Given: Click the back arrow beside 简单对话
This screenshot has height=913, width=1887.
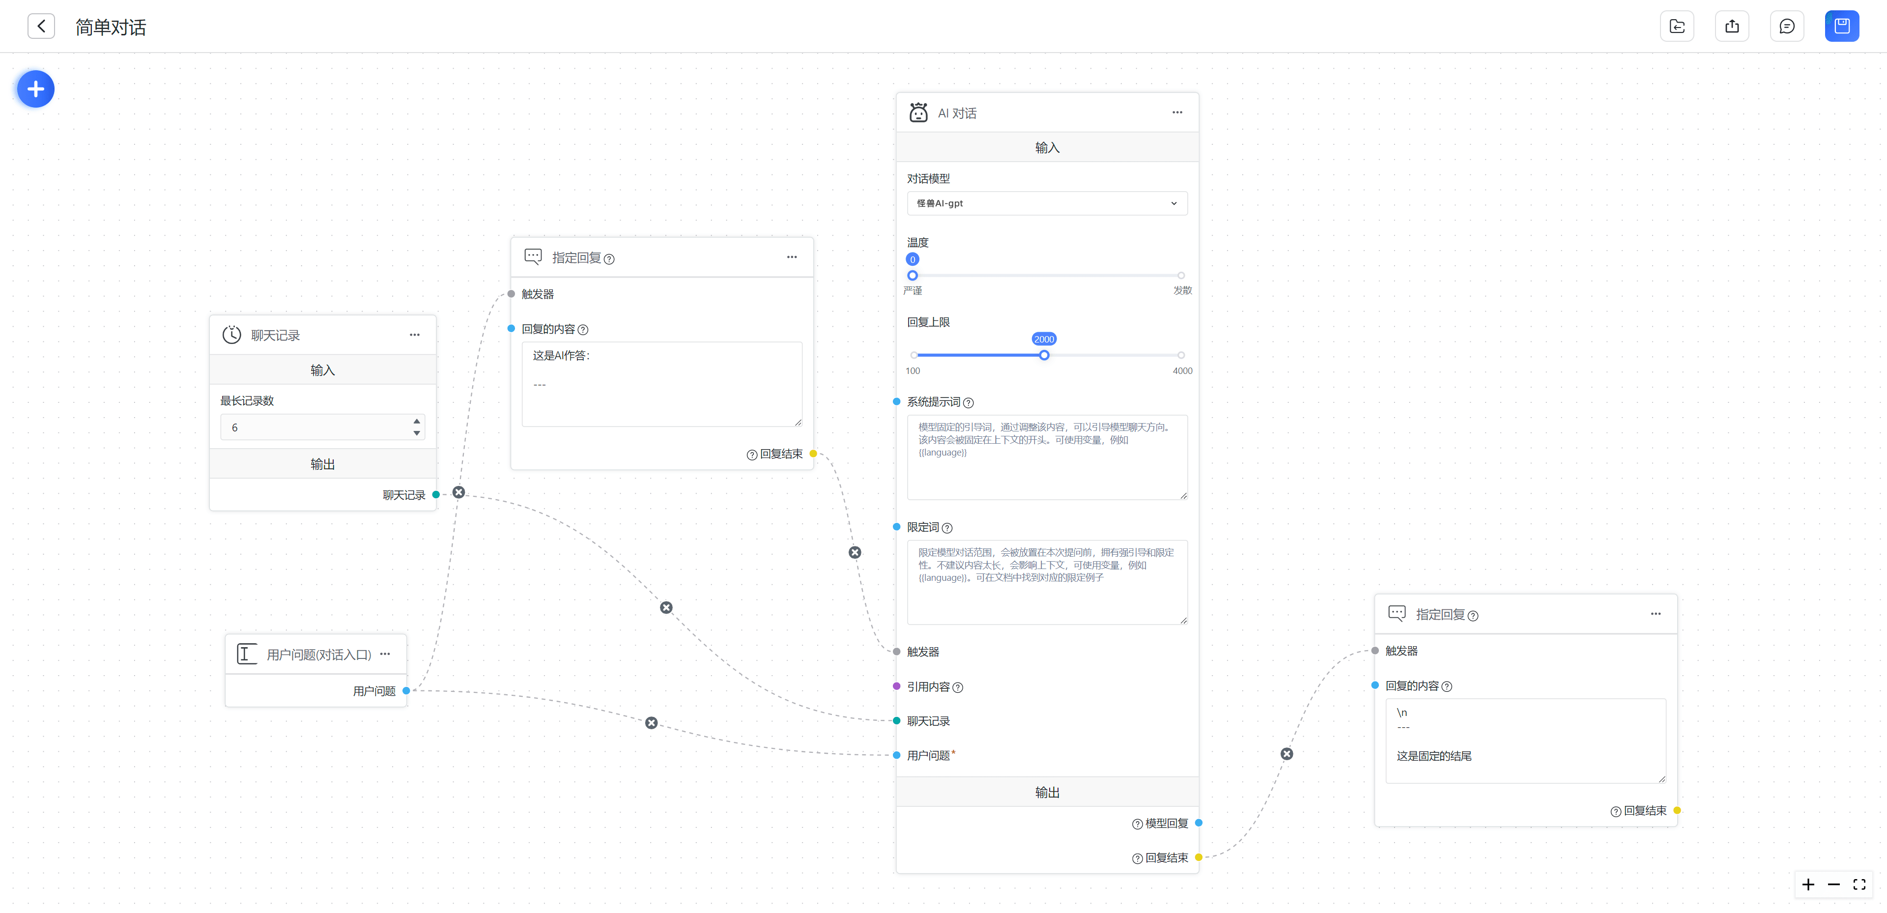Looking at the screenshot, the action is point(41,27).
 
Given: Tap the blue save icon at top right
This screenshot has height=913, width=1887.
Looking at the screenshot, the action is point(1842,27).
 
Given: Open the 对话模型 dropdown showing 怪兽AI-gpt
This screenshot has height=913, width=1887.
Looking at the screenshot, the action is point(1047,203).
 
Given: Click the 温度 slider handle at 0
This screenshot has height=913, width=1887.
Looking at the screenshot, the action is point(912,276).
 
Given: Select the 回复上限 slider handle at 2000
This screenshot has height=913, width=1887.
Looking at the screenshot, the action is point(1044,355).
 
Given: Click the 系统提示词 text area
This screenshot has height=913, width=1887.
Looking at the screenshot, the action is point(1047,457).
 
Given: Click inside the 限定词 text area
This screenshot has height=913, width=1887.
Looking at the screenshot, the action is point(1047,582).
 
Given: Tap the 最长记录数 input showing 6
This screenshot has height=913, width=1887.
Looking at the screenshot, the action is point(322,427).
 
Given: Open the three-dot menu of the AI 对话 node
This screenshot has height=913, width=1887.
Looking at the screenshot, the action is point(1177,112).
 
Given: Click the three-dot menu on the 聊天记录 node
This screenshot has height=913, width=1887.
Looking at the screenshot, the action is point(415,335).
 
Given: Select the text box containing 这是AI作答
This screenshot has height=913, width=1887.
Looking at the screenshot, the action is point(661,384).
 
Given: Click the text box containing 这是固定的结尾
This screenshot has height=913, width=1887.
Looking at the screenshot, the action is point(1526,741).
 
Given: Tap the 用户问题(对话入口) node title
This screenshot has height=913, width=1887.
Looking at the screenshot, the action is point(318,655).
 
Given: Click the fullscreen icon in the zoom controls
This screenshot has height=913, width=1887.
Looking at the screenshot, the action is point(1859,884).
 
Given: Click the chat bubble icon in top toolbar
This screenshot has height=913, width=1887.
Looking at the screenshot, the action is point(1787,27).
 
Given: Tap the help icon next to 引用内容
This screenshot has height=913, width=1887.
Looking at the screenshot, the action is point(957,687).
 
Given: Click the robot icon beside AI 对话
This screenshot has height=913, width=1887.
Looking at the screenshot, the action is point(918,112).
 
